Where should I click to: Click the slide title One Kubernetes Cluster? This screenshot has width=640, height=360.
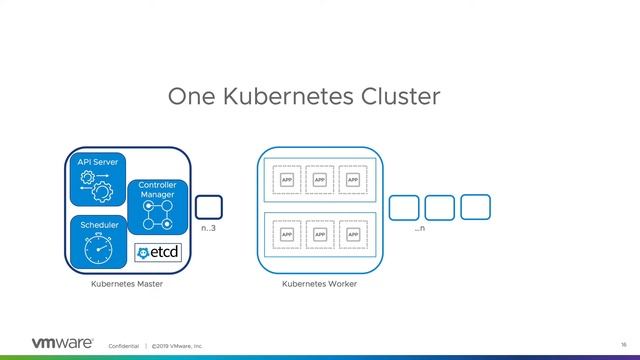tap(303, 97)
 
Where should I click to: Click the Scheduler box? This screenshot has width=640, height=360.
tap(99, 241)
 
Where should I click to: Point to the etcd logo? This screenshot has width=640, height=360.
tap(158, 252)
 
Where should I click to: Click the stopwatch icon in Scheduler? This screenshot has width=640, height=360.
tap(99, 249)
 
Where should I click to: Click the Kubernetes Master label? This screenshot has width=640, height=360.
tap(126, 285)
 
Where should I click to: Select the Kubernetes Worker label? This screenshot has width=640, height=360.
tap(319, 285)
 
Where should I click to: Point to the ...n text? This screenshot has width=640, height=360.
tap(420, 229)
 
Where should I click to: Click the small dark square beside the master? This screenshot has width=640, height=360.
tap(209, 207)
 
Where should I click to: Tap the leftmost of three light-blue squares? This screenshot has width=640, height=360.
tap(403, 207)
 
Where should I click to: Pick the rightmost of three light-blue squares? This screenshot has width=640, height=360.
tap(475, 206)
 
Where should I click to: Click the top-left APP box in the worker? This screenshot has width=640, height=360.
tap(287, 180)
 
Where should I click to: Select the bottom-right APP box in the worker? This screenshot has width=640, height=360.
tap(351, 235)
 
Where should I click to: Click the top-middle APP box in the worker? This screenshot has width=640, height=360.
tap(319, 180)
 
